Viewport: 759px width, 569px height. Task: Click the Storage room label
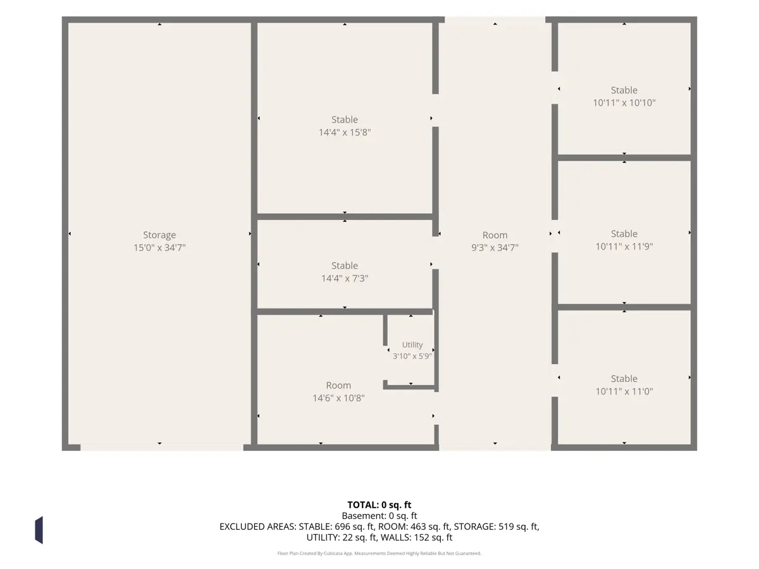tap(159, 235)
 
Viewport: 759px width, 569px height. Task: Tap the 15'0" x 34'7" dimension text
tap(159, 247)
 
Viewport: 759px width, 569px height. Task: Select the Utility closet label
tap(412, 345)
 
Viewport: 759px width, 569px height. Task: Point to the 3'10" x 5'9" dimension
tap(412, 356)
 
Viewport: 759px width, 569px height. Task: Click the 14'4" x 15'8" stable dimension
tap(345, 132)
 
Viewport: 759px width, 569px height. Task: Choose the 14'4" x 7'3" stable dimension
tap(345, 278)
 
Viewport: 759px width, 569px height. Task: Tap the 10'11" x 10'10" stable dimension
tap(624, 102)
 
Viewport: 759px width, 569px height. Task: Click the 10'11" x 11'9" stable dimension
tap(624, 247)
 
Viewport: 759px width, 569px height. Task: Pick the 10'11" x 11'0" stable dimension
tap(624, 391)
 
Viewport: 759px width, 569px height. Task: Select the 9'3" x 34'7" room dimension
tap(495, 247)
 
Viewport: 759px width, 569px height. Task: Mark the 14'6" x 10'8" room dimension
tap(338, 398)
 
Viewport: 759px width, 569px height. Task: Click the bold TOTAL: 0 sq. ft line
tap(379, 505)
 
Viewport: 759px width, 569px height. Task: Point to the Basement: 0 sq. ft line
tap(379, 516)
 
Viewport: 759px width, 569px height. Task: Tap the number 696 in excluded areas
tap(342, 527)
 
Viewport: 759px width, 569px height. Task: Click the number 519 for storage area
tap(505, 527)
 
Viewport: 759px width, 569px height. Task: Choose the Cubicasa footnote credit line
tap(379, 553)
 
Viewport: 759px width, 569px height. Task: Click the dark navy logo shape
tap(39, 530)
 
